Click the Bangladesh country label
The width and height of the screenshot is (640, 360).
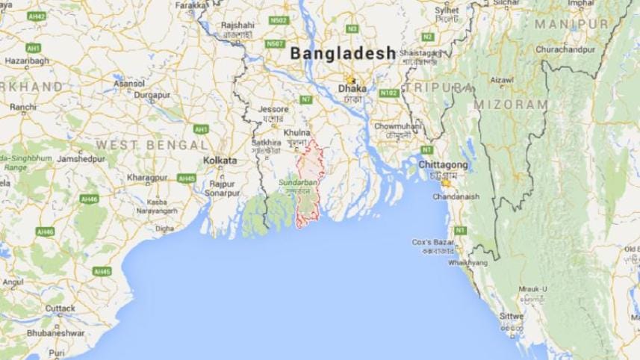point(343,54)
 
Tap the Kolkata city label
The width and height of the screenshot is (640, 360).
point(220,161)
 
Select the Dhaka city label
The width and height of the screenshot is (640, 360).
point(352,88)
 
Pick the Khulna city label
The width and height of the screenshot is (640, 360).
point(296,132)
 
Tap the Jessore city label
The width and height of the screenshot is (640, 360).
point(273,109)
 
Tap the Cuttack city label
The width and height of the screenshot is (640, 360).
point(60,308)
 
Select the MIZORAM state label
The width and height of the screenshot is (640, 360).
point(509,104)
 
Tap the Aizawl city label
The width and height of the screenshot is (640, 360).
point(501,79)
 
